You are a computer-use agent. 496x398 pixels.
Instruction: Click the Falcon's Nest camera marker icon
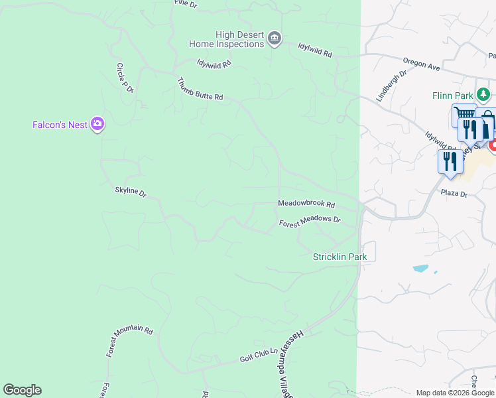[97, 123]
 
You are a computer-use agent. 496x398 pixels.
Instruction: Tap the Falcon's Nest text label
[60, 125]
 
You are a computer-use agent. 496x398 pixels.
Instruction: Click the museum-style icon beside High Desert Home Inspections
[273, 40]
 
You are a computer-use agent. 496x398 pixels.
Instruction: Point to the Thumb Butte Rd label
[200, 89]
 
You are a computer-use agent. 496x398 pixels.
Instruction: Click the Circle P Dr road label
[125, 78]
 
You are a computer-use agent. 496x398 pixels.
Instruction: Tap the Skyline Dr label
[130, 192]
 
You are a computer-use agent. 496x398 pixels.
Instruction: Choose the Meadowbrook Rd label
[306, 204]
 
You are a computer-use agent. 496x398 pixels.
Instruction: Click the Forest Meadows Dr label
[310, 222]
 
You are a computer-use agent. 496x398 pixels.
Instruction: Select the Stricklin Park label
[340, 257]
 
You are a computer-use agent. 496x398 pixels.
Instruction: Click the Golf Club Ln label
[257, 356]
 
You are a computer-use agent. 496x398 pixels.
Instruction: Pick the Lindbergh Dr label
[391, 86]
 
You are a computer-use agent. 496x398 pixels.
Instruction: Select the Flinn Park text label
[452, 96]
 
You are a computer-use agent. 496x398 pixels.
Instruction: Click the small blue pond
[420, 269]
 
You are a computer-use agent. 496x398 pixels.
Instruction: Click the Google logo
[22, 390]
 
